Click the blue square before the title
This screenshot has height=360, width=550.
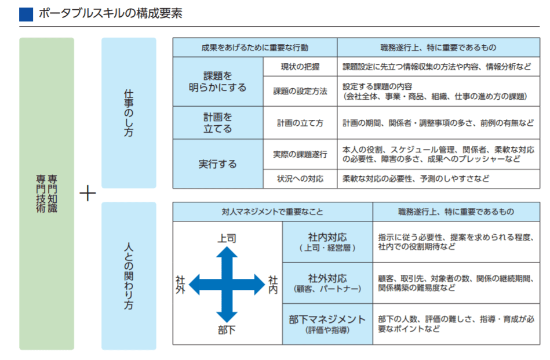pos(26,14)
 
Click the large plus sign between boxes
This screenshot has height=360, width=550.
pos(87,193)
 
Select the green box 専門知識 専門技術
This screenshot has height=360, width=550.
pos(46,193)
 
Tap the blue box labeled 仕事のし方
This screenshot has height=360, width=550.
pos(129,113)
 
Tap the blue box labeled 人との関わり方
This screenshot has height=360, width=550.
pos(129,275)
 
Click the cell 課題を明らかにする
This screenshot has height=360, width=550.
pos(218,82)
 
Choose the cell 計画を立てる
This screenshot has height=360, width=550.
pos(218,123)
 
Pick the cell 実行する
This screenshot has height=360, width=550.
pos(218,164)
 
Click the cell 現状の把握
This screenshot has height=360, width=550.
pos(300,67)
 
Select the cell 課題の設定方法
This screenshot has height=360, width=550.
pos(300,91)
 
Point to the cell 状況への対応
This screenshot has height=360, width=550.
pos(300,179)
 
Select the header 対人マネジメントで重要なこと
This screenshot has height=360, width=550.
pos(272,212)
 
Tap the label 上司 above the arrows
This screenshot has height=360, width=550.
pos(227,238)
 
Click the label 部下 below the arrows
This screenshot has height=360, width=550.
pos(227,331)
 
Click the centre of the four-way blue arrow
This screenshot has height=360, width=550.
pos(227,284)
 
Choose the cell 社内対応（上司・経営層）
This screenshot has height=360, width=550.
pos(327,242)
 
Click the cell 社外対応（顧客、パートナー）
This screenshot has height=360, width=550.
pos(327,283)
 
